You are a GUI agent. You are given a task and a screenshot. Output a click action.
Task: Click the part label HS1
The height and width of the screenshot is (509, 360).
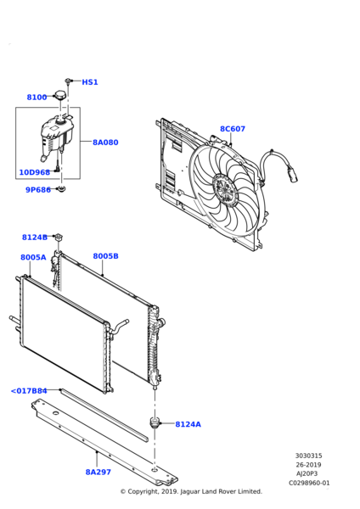pos(90,82)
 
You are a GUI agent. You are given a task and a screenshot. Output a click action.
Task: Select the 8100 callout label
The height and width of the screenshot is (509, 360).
pos(37,98)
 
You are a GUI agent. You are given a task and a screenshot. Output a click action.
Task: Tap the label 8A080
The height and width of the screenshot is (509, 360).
pos(105,143)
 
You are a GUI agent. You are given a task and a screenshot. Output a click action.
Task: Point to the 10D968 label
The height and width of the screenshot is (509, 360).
pos(35,172)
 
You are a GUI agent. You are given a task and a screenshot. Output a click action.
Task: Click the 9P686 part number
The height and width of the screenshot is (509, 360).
pos(38,189)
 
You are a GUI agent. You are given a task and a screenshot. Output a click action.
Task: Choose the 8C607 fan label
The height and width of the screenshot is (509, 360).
pos(233,129)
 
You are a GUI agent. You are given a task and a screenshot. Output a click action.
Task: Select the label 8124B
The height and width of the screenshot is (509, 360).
pos(35,238)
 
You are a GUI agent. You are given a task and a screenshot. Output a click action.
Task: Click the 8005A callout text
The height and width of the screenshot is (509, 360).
pos(33,257)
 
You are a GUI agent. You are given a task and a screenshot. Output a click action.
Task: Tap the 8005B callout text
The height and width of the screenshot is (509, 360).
pos(105,256)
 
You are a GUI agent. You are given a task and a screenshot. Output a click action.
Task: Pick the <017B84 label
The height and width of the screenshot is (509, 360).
pos(29,391)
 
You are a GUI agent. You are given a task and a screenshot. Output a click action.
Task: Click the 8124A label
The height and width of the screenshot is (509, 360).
pos(188,424)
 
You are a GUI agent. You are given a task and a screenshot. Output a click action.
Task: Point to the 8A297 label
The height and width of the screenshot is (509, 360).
pos(98,472)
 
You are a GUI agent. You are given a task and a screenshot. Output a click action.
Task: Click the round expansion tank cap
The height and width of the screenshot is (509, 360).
pos(60,95)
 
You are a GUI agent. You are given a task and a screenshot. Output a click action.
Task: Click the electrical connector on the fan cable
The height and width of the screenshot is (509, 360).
pos(292,174)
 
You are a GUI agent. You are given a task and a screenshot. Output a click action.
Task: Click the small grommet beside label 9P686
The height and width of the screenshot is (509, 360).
pos(61,188)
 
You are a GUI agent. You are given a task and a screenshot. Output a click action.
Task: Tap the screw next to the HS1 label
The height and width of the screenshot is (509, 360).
pos(68,81)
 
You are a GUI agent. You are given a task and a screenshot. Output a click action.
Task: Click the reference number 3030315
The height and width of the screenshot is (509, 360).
pos(309,456)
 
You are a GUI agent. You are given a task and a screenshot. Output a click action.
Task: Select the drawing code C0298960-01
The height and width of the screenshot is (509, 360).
pos(309,483)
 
